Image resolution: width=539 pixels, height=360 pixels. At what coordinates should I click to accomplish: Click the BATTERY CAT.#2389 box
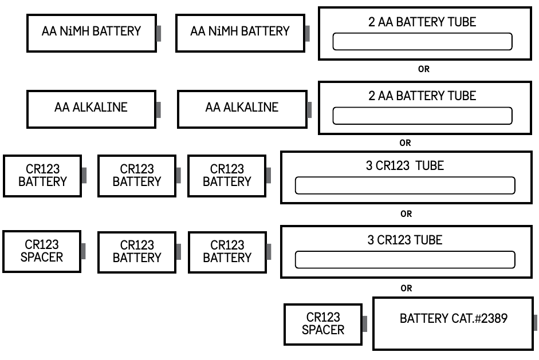(x=453, y=323)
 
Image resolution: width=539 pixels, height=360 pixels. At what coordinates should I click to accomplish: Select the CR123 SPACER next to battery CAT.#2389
(x=323, y=324)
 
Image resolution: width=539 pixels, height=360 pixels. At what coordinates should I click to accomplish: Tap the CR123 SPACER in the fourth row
(x=42, y=251)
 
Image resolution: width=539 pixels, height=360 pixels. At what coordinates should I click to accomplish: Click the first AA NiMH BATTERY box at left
(x=91, y=31)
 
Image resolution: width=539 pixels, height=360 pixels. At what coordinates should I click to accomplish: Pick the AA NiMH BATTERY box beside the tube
(x=240, y=31)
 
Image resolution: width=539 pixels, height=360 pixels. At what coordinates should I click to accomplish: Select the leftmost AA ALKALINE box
(x=91, y=108)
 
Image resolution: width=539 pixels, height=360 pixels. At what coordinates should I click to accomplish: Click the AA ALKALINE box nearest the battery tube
(x=242, y=108)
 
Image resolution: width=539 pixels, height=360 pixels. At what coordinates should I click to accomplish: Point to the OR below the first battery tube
(x=424, y=69)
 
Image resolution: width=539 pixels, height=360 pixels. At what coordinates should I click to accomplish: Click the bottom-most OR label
(x=406, y=288)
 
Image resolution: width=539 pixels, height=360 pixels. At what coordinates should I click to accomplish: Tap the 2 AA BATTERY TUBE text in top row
(x=422, y=22)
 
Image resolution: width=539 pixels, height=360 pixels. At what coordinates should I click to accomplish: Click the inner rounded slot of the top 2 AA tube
(x=422, y=42)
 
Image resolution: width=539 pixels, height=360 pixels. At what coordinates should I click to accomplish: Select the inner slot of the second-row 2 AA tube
(x=422, y=116)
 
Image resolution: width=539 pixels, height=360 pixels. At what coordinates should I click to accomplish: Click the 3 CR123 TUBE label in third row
(x=406, y=166)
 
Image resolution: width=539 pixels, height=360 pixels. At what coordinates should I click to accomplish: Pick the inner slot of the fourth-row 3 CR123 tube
(x=405, y=260)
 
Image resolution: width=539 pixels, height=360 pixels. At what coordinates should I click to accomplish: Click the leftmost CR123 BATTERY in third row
(x=42, y=175)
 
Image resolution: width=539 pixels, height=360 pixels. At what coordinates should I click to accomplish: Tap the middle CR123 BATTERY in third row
(x=137, y=175)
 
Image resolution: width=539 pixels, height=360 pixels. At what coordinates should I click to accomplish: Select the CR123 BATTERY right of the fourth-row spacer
(x=137, y=252)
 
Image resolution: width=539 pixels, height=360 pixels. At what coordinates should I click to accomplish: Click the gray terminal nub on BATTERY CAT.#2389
(x=534, y=322)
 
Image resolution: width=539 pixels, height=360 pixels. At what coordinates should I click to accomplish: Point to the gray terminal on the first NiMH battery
(x=159, y=33)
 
